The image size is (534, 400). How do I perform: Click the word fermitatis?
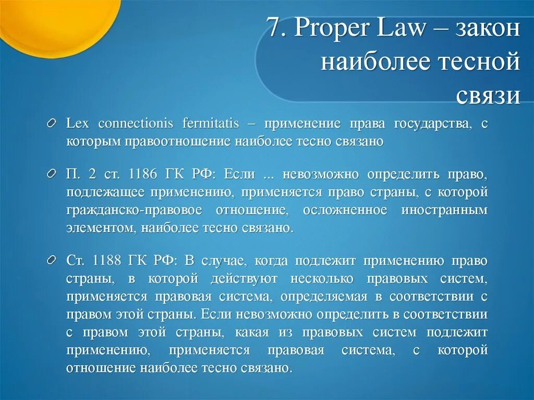(210, 124)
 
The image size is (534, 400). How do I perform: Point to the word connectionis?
(136, 124)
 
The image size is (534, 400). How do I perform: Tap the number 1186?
(142, 174)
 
